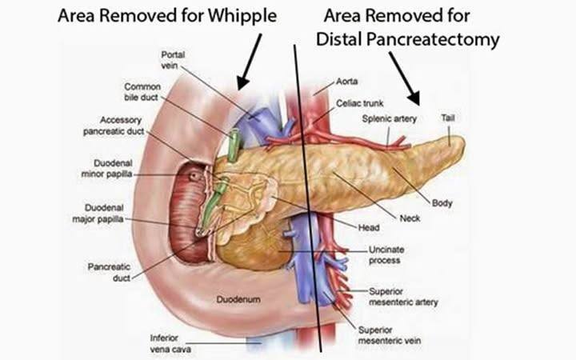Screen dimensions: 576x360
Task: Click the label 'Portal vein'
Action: [x=173, y=60]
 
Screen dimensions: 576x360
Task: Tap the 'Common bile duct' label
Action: [x=142, y=92]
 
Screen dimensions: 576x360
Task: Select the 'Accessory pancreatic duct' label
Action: [x=114, y=126]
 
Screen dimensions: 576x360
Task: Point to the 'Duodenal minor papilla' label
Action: [x=106, y=168]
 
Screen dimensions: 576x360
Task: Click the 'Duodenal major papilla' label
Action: [x=98, y=214]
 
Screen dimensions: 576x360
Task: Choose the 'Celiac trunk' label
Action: [x=360, y=103]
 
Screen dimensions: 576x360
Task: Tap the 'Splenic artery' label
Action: [x=390, y=118]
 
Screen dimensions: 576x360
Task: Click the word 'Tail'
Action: [x=448, y=118]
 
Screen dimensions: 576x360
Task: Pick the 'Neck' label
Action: [x=410, y=218]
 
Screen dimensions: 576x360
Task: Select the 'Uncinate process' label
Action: [x=386, y=255]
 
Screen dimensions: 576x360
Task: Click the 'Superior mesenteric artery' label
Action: [x=403, y=297]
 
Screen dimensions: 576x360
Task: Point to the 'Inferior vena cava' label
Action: [x=170, y=343]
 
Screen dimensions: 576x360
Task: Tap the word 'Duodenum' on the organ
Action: [x=238, y=299]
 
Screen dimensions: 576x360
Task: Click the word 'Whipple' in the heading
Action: [x=242, y=17]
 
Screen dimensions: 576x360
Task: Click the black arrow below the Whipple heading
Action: [x=250, y=62]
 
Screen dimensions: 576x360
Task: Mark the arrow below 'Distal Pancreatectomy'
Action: [x=405, y=78]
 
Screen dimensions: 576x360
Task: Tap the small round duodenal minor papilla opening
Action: [x=194, y=176]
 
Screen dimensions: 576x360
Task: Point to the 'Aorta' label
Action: [x=346, y=81]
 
